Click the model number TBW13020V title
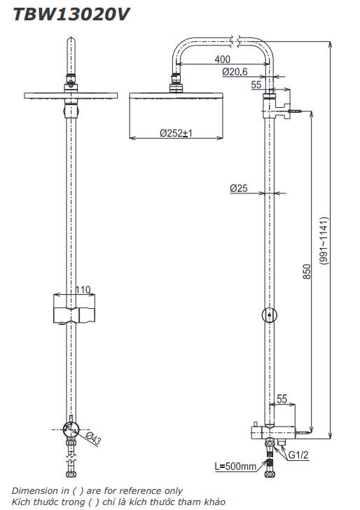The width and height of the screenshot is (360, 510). tap(71, 15)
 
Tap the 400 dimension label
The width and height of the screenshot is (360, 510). tap(223, 59)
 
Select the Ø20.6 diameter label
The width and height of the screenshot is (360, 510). tap(235, 71)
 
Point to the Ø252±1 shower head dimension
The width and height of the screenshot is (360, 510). tap(176, 133)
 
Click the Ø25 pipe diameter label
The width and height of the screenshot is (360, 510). tap(239, 188)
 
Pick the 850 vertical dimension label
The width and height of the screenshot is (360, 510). tap(307, 272)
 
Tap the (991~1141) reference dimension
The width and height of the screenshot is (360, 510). tap(324, 241)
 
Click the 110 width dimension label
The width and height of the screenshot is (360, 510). tap(83, 289)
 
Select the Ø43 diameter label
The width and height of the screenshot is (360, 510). tap(94, 439)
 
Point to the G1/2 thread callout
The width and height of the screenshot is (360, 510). tap(298, 455)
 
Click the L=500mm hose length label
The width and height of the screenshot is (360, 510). tap(235, 467)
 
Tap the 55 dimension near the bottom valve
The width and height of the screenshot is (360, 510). tap(282, 399)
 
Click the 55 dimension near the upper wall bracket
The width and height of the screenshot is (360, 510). tap(256, 85)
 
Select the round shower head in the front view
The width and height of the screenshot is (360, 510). tap(71, 96)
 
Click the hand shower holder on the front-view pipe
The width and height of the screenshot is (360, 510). tap(74, 310)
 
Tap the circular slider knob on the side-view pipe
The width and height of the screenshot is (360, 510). tap(269, 315)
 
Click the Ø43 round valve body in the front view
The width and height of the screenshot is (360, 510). tap(71, 430)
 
